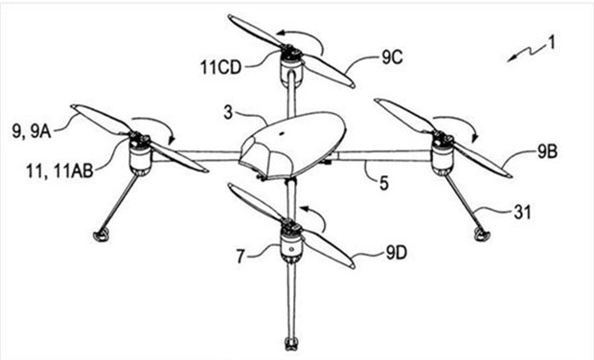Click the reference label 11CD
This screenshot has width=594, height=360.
point(220,68)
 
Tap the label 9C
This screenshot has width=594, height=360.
point(392,57)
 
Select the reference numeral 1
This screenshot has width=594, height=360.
point(552,42)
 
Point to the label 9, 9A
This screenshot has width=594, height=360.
point(32,132)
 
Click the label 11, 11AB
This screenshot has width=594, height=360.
point(59,171)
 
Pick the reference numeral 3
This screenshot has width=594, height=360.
point(228,112)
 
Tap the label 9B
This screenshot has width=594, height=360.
point(547,152)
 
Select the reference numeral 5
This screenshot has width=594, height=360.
point(384,184)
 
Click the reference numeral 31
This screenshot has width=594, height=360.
point(522,213)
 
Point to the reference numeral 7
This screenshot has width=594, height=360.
point(240,257)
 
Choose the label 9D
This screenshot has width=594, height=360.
point(397,253)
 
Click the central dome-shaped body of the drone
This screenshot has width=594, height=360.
point(292,146)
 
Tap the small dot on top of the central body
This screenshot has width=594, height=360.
point(282,133)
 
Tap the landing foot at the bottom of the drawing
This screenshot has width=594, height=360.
point(290,344)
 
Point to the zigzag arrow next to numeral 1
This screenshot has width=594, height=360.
point(527,53)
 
